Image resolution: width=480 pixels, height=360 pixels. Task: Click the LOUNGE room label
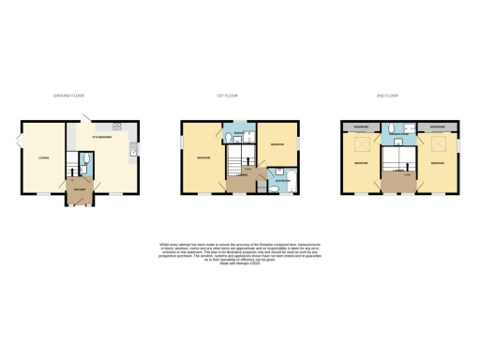point(43,157)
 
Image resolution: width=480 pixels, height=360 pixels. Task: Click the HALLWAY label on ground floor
point(80,191)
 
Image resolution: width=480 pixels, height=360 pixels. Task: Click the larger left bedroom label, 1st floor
point(203,157)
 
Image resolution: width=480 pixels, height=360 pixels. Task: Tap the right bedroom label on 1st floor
point(277,145)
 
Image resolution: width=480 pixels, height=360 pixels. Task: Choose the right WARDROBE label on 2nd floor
point(437,125)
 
